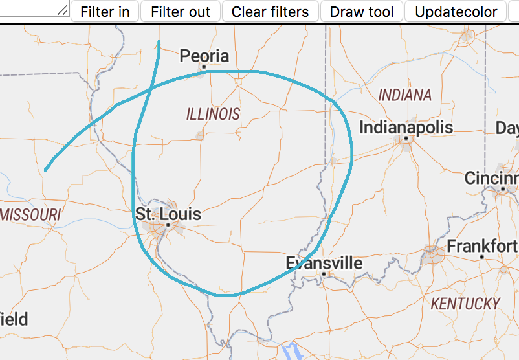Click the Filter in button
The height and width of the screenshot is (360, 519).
tap(105, 12)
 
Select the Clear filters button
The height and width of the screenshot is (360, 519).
tap(270, 12)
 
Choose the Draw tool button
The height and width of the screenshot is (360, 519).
tap(362, 12)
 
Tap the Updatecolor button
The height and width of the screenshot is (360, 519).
tap(456, 12)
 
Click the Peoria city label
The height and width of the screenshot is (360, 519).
tap(204, 56)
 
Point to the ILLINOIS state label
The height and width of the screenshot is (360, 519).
tap(213, 115)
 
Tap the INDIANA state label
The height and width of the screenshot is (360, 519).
tap(404, 95)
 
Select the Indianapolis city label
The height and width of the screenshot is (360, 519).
tap(406, 127)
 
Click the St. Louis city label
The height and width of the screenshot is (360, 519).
tap(168, 214)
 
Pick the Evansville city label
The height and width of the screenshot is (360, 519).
tap(324, 263)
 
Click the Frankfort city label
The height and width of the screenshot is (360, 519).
tap(482, 246)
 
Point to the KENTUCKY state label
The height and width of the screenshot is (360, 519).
tap(466, 303)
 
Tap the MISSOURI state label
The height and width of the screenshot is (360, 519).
tap(30, 214)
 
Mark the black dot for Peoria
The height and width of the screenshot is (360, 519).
tap(203, 66)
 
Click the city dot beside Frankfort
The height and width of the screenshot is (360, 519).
tap(482, 257)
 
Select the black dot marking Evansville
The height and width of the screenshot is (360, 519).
tap(324, 274)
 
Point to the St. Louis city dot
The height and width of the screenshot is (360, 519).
tap(168, 225)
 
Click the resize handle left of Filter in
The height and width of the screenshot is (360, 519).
tap(63, 10)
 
